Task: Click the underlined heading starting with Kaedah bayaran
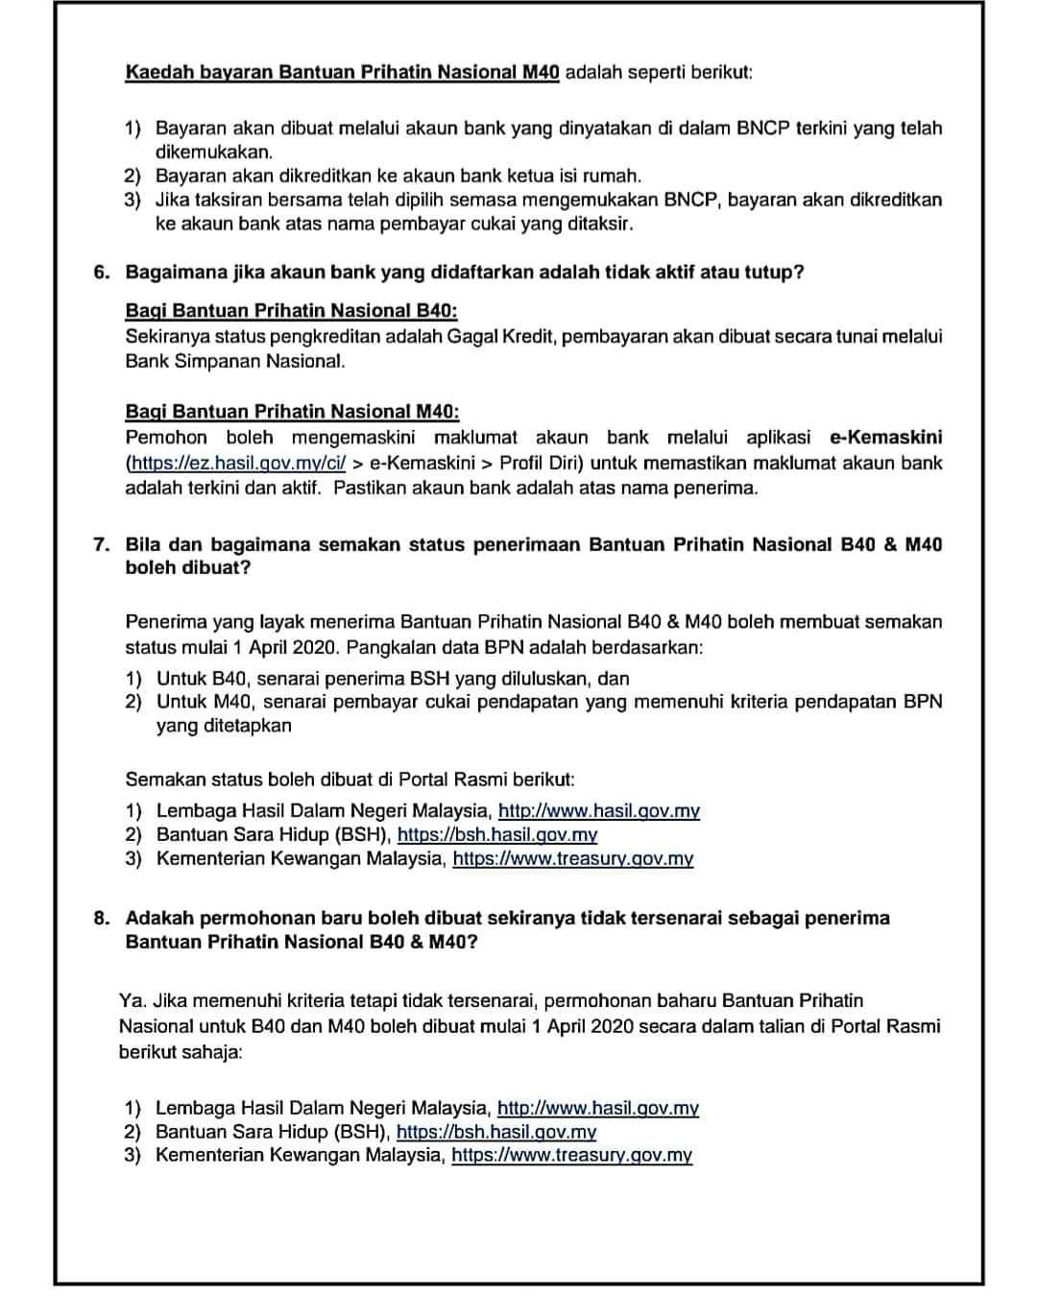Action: point(342,73)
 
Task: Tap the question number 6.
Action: point(101,272)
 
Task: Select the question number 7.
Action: point(101,544)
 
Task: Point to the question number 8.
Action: point(101,918)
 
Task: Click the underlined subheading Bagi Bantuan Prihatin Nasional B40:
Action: point(291,311)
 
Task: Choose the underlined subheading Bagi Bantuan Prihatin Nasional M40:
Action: point(292,412)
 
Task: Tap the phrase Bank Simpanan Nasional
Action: point(234,362)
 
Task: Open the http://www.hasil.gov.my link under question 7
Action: point(598,811)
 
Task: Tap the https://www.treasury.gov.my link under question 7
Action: point(572,859)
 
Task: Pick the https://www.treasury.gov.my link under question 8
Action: point(571,1156)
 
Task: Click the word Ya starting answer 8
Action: point(131,1001)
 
